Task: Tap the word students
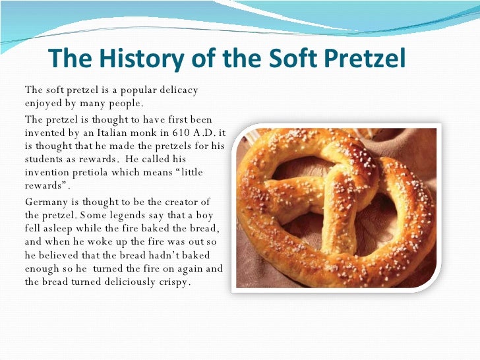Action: (x=42, y=160)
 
